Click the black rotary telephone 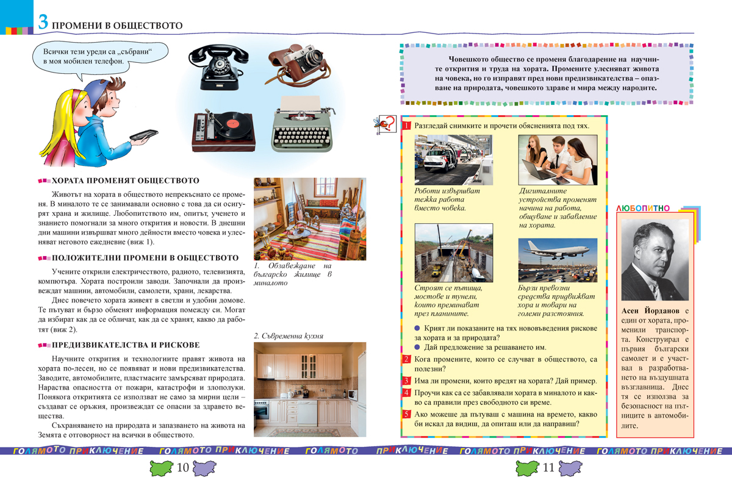pyautogui.click(x=221, y=68)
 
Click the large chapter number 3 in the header pyautogui.click(x=43, y=24)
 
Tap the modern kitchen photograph pyautogui.click(x=309, y=385)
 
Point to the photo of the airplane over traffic pyautogui.click(x=558, y=260)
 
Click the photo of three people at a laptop pyautogui.click(x=558, y=159)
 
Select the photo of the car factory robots pyautogui.click(x=453, y=159)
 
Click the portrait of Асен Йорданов pyautogui.click(x=656, y=258)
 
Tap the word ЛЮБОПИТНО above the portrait pyautogui.click(x=643, y=209)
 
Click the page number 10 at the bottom pyautogui.click(x=182, y=468)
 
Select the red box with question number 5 pyautogui.click(x=407, y=414)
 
